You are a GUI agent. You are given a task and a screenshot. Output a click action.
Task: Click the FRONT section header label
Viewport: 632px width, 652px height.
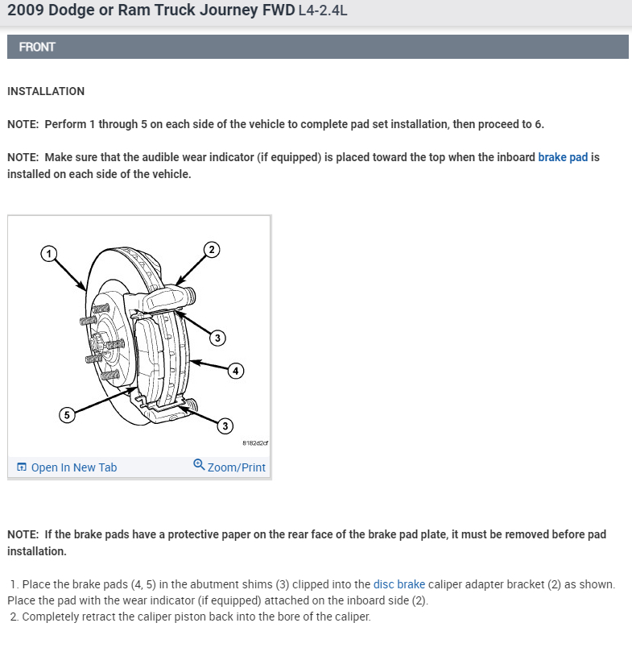[x=37, y=47]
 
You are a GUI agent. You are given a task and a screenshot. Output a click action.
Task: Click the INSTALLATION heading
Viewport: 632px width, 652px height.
[x=46, y=91]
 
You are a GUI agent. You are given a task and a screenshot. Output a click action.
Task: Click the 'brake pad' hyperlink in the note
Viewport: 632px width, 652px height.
[x=563, y=157]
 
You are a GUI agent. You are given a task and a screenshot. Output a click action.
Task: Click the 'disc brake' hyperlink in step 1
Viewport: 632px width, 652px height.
[x=399, y=584]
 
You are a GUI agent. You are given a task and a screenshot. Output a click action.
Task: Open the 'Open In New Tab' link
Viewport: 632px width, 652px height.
[x=73, y=467]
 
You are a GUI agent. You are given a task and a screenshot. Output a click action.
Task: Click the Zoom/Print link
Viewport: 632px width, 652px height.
[x=236, y=467]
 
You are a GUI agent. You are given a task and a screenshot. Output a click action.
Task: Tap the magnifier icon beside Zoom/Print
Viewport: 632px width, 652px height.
[x=199, y=464]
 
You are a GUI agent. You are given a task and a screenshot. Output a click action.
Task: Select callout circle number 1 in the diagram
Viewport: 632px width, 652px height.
[x=48, y=253]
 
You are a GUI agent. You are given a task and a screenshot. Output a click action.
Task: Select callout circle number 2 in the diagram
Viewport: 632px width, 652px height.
[x=211, y=248]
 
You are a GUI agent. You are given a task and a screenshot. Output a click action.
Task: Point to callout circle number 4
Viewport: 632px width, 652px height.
[x=235, y=371]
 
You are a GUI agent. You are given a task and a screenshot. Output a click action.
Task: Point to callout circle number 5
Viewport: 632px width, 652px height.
[x=67, y=414]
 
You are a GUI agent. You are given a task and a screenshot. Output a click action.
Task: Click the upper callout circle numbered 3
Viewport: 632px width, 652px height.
[x=217, y=338]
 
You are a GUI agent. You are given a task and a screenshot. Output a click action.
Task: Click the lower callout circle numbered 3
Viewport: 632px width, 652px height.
[x=226, y=425]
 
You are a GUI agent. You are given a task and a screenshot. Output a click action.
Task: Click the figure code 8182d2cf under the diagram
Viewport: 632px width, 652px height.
[x=254, y=443]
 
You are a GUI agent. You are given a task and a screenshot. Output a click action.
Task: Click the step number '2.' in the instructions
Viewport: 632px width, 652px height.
[x=15, y=617]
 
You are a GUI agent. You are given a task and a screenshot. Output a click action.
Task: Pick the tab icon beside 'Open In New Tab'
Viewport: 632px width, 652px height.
[x=22, y=467]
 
